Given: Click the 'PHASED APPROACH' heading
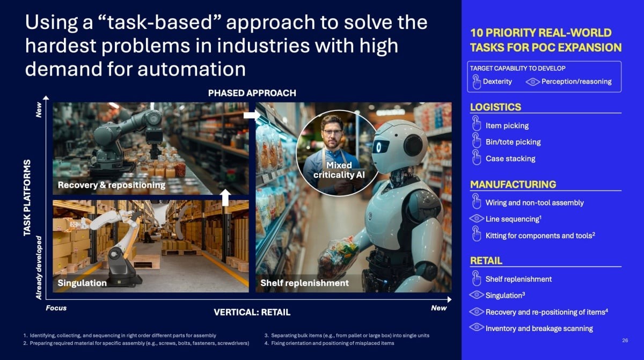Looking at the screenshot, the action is tap(252, 93).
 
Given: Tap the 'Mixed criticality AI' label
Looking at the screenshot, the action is tap(339, 170).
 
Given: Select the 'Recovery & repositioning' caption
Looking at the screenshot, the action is tap(112, 185).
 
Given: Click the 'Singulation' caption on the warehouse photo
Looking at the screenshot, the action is tap(82, 283).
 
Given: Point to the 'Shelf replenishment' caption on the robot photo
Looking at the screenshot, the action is tap(304, 283).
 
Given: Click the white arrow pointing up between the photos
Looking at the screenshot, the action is tap(225, 197).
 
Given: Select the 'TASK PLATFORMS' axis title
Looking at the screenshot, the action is tap(27, 198).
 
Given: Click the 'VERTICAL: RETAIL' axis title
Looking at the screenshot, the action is tap(252, 312).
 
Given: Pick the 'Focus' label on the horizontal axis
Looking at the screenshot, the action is tap(56, 308).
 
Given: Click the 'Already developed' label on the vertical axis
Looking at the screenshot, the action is tap(39, 268).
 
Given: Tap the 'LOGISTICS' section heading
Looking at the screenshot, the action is tap(495, 107).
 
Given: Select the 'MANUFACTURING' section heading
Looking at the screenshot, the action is tap(513, 185).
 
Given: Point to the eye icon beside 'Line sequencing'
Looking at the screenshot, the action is tap(477, 219).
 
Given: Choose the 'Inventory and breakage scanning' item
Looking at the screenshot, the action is tap(539, 328).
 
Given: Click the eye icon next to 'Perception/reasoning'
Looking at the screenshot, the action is tap(533, 82).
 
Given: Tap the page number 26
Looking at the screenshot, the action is tap(625, 341).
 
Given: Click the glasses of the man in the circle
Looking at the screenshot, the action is tap(333, 133).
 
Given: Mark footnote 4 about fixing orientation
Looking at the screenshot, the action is tap(330, 343).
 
